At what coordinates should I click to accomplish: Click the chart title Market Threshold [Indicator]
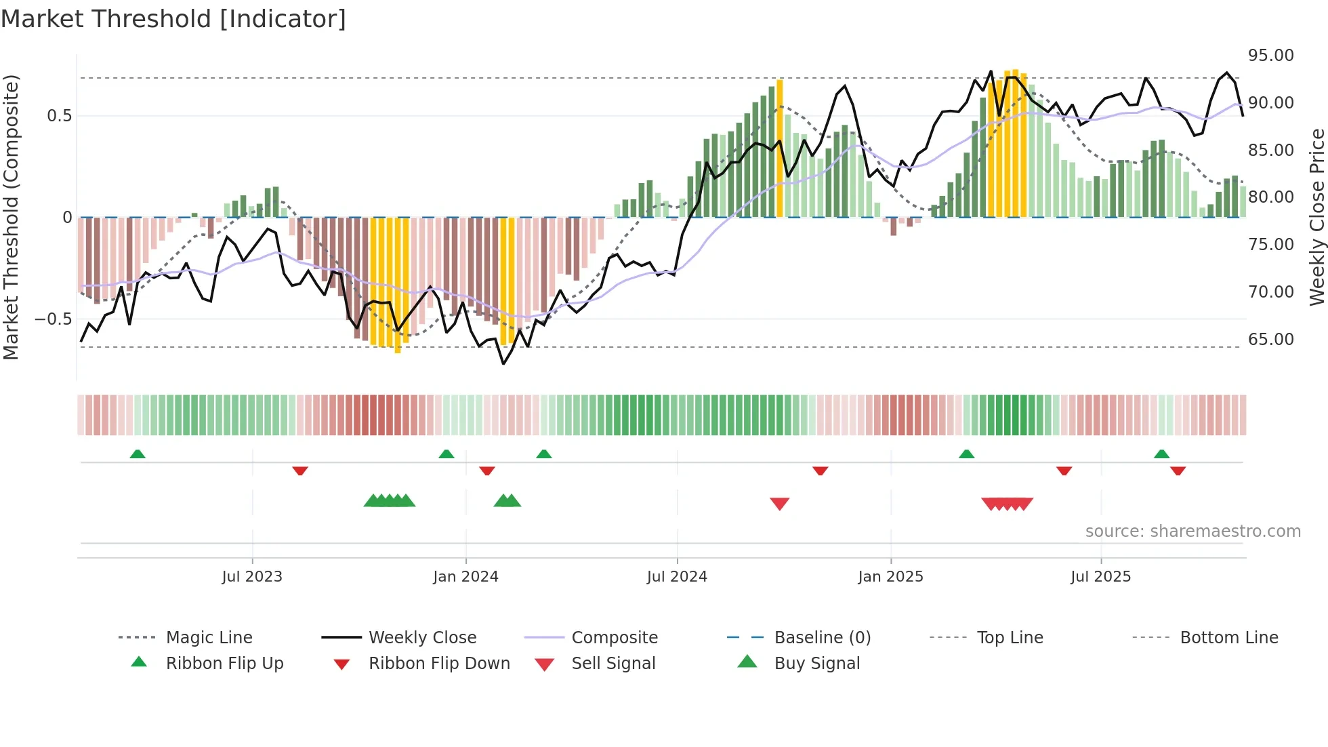coord(173,19)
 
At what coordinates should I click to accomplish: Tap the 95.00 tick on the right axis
coord(1270,56)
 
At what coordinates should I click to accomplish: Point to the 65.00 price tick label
coord(1270,339)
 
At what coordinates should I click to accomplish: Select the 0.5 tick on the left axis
coord(59,116)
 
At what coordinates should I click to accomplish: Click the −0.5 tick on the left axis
coord(54,319)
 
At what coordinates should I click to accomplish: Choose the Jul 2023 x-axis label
coord(252,577)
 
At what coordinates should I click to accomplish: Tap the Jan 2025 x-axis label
coord(890,577)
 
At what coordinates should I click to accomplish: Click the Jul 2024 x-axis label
coord(677,577)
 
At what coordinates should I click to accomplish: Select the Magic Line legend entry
coord(209,638)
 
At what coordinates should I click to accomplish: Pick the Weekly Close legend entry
coord(422,638)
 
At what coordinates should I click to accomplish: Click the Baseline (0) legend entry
coord(822,638)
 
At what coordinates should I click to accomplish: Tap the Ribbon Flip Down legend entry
coord(438,664)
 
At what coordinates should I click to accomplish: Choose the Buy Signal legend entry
coord(816,664)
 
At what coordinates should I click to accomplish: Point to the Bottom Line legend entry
coord(1228,638)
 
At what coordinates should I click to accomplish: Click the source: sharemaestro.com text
coord(1192,531)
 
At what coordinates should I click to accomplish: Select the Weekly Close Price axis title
coord(1316,217)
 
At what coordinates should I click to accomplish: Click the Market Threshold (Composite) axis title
coord(11,217)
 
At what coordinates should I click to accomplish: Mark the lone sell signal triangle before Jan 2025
coord(780,504)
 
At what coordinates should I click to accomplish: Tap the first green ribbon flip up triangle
coord(138,453)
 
